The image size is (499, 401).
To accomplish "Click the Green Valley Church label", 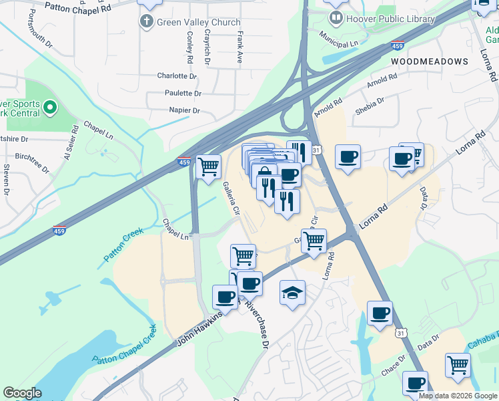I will pos(198,22).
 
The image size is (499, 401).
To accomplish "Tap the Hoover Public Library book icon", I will pos(338,19).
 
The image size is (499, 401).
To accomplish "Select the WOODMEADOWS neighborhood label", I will pos(430,61).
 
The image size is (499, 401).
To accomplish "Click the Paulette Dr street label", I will pos(179,94).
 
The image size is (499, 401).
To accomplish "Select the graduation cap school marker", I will pos(292,293).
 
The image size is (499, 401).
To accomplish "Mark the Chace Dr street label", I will pos(393,362).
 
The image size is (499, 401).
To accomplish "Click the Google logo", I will pos(22,393).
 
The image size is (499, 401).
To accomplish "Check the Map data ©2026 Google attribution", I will pos(458,396).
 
